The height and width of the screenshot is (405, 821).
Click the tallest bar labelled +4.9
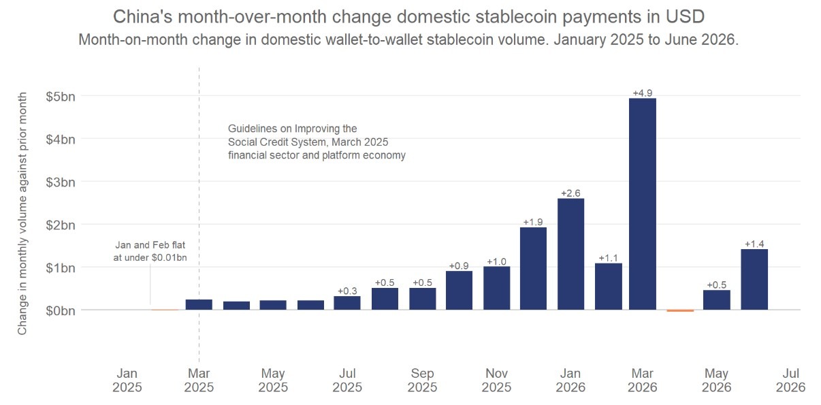(x=643, y=204)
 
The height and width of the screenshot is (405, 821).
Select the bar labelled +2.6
(x=570, y=254)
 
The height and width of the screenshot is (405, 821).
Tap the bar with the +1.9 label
(x=533, y=269)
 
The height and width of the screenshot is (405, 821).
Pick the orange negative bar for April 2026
(x=680, y=311)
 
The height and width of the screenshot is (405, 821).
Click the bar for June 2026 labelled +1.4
(x=754, y=279)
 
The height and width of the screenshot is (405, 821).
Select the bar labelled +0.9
(x=459, y=290)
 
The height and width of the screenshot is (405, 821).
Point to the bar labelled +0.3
(x=347, y=303)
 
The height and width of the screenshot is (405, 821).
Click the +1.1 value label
(x=609, y=258)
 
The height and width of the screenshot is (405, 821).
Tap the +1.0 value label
(x=496, y=261)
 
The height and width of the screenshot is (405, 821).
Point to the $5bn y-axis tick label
(x=61, y=97)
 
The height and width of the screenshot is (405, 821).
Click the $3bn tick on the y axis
(x=61, y=182)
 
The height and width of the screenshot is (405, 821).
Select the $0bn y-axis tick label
(x=61, y=311)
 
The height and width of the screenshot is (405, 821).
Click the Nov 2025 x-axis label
(x=496, y=380)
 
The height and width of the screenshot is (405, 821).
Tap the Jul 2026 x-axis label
(x=790, y=380)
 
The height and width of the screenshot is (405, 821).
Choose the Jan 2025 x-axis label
(x=127, y=380)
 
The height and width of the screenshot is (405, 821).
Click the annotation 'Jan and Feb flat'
(x=150, y=245)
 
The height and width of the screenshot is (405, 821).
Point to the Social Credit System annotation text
(x=317, y=142)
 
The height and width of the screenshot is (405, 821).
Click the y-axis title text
(x=22, y=213)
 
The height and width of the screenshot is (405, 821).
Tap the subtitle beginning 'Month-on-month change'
(x=408, y=39)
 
